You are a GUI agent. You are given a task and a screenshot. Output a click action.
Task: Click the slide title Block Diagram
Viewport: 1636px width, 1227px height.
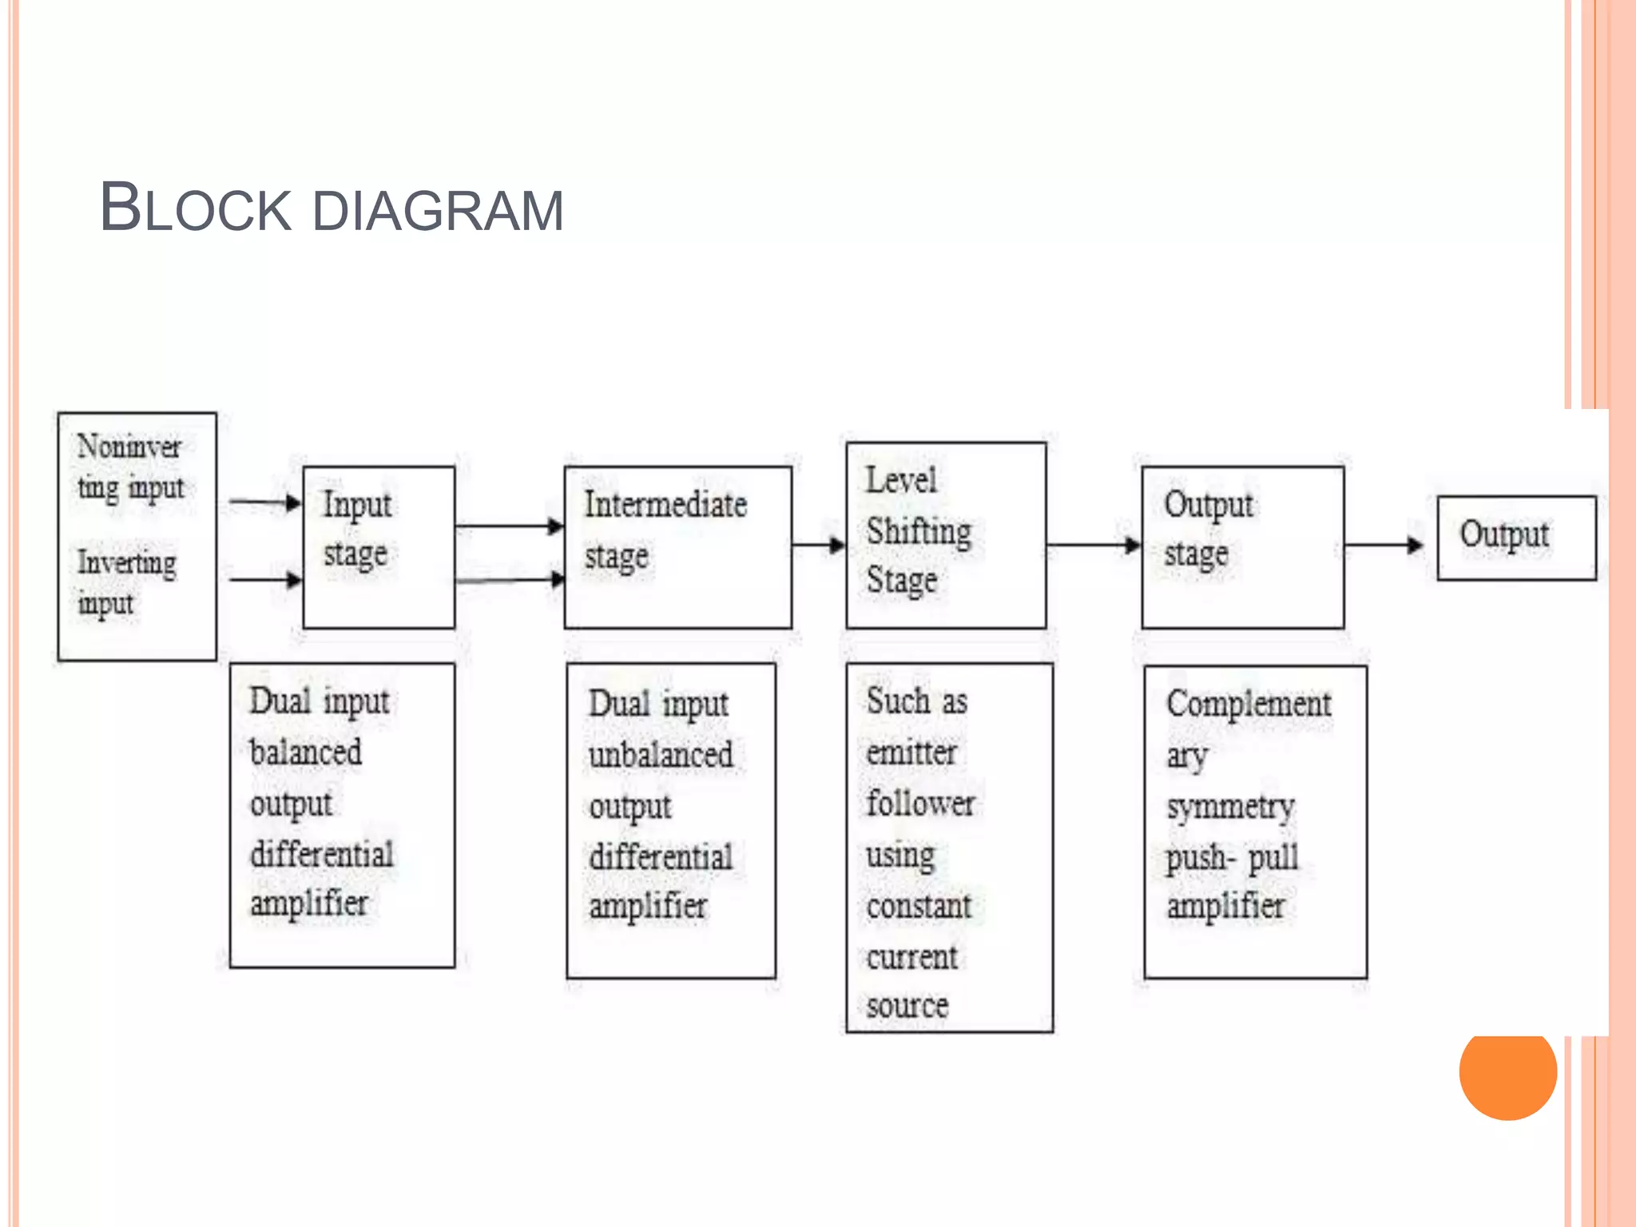331,208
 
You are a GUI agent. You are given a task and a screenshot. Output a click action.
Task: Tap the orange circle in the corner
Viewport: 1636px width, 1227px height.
1507,1070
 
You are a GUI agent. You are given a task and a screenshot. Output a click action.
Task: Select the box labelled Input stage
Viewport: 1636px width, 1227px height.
379,547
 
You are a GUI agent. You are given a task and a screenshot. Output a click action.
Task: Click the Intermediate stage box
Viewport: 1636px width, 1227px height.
677,547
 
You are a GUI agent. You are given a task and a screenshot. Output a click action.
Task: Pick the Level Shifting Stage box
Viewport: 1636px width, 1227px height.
946,535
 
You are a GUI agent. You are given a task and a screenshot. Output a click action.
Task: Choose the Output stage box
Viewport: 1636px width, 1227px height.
1242,547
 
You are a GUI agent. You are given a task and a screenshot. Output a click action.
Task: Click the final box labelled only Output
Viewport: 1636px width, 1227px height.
1516,537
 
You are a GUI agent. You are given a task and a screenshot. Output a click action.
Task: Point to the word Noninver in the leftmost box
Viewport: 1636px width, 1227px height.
129,447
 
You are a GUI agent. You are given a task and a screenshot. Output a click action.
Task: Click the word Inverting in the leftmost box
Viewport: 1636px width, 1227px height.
126,562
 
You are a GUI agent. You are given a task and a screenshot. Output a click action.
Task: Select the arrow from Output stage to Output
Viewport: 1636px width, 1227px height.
1384,546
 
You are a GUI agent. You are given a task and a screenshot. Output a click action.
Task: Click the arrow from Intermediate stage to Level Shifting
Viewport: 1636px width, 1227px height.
819,546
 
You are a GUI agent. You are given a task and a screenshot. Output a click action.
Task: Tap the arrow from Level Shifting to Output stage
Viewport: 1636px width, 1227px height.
1093,546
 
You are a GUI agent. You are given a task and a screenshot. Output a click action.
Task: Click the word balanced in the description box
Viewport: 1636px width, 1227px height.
305,752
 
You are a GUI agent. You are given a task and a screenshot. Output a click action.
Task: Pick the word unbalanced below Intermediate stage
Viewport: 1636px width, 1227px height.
661,755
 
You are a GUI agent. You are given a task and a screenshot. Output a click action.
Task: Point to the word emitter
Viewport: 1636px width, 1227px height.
911,752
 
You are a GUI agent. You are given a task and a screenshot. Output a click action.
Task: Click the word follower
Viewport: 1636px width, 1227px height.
920,804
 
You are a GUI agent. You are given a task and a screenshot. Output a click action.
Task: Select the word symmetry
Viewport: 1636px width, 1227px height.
1230,808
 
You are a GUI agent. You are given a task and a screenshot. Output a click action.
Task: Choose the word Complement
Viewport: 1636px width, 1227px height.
1249,704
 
